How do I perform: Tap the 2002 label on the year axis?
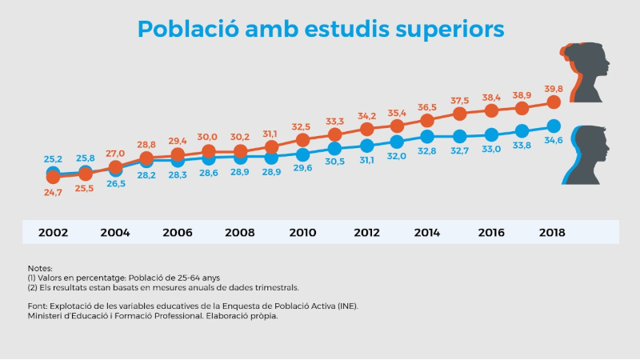click(x=53, y=233)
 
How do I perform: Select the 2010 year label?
click(x=302, y=233)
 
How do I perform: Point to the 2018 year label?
click(x=552, y=233)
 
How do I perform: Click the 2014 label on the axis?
click(x=427, y=233)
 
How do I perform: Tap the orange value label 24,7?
click(x=53, y=193)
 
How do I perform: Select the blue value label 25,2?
click(x=53, y=159)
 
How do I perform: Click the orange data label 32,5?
click(x=302, y=126)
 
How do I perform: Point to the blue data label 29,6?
click(x=302, y=168)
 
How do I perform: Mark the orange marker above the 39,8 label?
click(x=553, y=102)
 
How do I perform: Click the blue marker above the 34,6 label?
click(x=553, y=126)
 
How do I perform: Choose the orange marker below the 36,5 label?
click(x=428, y=120)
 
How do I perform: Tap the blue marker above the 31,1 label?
click(x=366, y=146)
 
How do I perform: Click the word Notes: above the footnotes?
click(x=39, y=268)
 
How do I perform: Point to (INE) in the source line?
click(x=347, y=306)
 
